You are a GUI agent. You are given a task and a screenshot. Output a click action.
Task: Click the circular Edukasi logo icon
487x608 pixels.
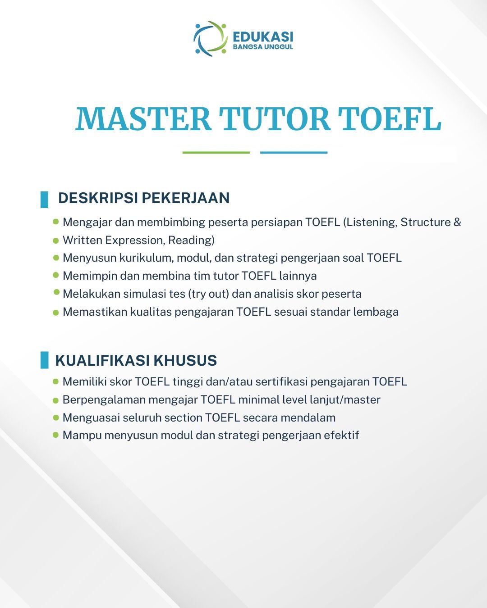[x=211, y=39]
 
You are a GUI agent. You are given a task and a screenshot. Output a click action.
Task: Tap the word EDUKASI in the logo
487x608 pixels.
[x=263, y=37]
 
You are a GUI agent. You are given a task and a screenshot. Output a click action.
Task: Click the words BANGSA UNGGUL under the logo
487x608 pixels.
[x=263, y=47]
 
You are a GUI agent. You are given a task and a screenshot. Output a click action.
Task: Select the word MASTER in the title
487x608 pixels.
[x=143, y=118]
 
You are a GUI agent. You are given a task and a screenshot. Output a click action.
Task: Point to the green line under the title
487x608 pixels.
[x=216, y=153]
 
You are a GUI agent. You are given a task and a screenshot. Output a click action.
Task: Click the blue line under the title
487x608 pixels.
[x=294, y=153]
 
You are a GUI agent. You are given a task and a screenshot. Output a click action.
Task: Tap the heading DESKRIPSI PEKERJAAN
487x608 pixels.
[x=144, y=198]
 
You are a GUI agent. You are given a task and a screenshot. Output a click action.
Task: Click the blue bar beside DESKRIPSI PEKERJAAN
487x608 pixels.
[x=45, y=200]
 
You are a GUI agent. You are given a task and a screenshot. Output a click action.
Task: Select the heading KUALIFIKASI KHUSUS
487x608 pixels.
[x=136, y=360]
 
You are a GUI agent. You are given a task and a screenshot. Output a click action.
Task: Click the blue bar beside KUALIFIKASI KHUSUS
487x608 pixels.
[x=45, y=360]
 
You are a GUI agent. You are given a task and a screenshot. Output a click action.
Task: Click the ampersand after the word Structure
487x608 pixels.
[x=457, y=222]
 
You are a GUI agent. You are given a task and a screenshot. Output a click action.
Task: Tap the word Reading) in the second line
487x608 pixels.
[x=191, y=240]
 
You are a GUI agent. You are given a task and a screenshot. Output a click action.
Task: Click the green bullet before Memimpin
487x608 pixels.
[x=56, y=275]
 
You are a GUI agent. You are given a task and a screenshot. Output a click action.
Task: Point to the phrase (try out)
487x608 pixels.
[x=208, y=294]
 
